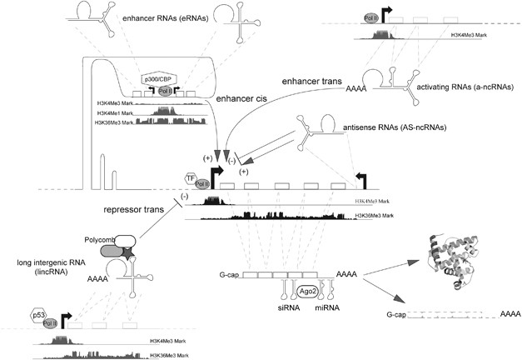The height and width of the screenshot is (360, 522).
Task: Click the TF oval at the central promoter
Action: (191, 177)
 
